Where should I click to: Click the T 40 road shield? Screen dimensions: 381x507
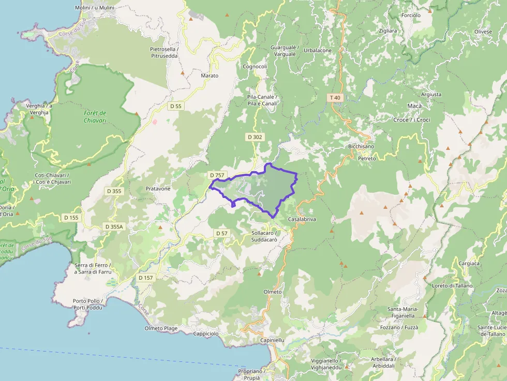335,98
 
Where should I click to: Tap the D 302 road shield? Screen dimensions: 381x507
255,137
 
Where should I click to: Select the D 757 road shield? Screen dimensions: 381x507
216,175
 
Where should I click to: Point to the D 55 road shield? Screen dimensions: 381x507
176,106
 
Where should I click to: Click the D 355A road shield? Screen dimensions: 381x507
114,226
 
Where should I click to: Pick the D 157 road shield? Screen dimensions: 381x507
146,278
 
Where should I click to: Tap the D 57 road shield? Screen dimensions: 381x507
221,234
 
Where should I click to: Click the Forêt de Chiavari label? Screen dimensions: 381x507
95,117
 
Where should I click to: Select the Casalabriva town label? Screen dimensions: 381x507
302,219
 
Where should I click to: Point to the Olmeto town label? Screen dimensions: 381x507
273,292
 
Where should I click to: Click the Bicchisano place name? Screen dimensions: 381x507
361,147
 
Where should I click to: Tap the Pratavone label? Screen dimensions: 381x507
158,189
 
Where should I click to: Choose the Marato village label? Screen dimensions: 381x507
210,75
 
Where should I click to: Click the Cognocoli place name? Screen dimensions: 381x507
255,67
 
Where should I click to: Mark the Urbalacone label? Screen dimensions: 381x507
318,51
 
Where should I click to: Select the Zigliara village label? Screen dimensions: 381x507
387,31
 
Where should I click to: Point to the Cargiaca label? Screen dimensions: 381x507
468,264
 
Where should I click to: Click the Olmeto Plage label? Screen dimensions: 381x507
161,328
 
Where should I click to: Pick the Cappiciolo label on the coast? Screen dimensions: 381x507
207,333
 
